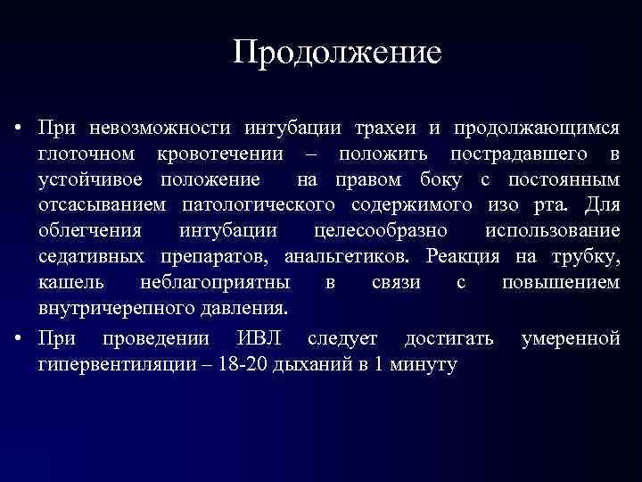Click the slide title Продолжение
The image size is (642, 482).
click(x=337, y=52)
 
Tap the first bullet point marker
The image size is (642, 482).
click(x=19, y=129)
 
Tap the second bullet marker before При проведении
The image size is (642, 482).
click(x=19, y=339)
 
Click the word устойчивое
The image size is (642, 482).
click(x=94, y=180)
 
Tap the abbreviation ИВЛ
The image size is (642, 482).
click(x=263, y=339)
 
